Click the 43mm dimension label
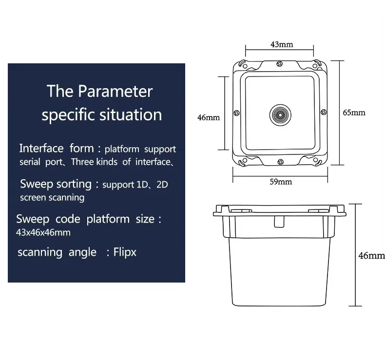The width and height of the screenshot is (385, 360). coord(282,44)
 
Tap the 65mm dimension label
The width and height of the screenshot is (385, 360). coord(354,113)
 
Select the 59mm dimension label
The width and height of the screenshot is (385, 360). coord(281,182)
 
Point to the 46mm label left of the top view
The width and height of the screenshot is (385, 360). coord(209,117)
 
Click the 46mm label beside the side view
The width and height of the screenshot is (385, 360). coord(371,256)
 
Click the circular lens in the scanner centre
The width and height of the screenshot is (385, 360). coord(280,115)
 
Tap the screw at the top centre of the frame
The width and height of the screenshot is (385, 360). coord(279,64)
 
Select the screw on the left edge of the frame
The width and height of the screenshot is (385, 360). coord(236,113)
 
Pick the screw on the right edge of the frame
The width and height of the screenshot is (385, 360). coord(324,112)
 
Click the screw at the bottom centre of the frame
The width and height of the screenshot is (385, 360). coord(280,162)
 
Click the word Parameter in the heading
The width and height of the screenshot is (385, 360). coord(115,91)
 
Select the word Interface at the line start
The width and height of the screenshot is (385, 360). coord(41,148)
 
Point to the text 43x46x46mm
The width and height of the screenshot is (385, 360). coord(43,232)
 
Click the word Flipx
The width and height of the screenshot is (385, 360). coord(125,252)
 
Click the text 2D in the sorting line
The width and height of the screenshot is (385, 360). coord(162,185)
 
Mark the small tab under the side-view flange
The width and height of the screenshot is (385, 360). coord(279,222)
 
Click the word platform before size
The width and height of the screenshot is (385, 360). coord(108,219)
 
